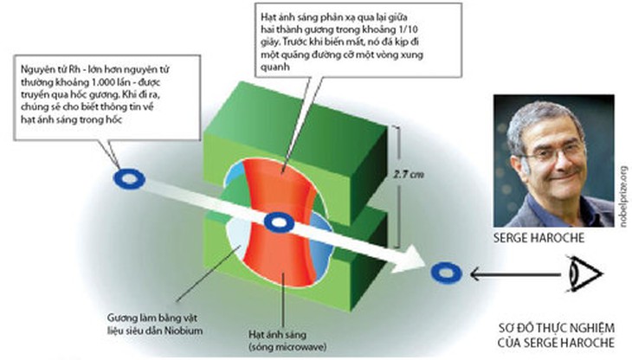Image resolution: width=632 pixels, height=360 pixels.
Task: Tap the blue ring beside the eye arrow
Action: pyautogui.click(x=445, y=273)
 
